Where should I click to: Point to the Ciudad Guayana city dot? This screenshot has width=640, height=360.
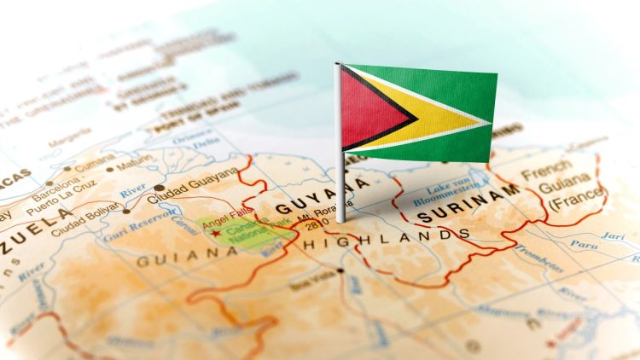click(x=159, y=189)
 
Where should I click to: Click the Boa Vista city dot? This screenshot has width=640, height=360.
click(x=340, y=270)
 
